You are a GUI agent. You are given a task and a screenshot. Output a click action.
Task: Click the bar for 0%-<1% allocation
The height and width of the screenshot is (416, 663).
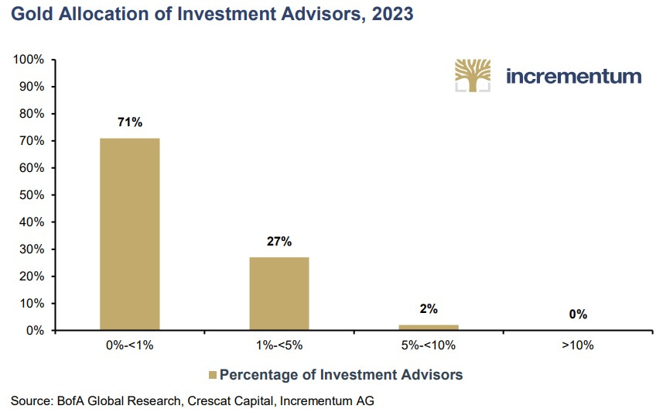click(x=129, y=234)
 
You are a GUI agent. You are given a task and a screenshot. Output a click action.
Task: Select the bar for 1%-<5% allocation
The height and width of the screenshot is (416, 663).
click(x=279, y=294)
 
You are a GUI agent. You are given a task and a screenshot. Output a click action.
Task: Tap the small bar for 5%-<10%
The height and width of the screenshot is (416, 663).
click(x=428, y=327)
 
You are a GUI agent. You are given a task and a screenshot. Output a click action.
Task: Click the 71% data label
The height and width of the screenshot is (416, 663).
click(x=129, y=122)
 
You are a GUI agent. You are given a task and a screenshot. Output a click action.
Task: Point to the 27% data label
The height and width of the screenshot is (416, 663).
click(x=279, y=241)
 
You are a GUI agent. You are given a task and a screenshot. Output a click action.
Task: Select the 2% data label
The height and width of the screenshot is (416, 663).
click(x=428, y=308)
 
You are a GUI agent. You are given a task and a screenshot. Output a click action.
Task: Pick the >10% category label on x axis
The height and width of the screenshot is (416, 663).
click(x=577, y=346)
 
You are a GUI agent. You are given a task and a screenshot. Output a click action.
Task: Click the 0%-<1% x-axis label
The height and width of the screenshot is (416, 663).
click(x=129, y=346)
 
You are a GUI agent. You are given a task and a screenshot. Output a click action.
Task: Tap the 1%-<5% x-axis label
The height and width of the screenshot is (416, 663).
click(x=279, y=346)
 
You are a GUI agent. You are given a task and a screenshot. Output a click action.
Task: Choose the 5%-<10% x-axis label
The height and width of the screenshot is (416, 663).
click(x=428, y=346)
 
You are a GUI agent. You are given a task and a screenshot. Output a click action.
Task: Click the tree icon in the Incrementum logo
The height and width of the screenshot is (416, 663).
click(x=473, y=75)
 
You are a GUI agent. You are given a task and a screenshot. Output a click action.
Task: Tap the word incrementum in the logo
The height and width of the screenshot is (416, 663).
click(x=573, y=76)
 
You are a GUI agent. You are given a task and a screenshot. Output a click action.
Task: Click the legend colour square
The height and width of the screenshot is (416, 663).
click(x=212, y=375)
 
